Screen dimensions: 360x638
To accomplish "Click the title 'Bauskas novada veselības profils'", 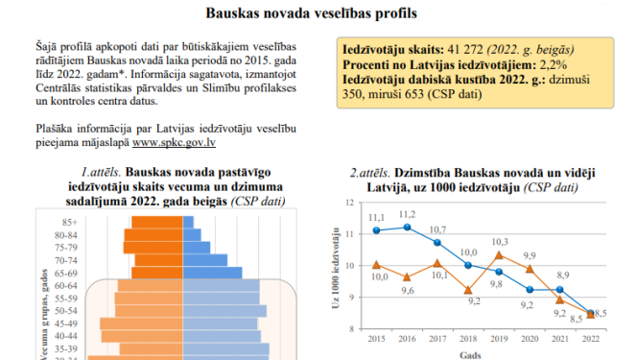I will [x=319, y=14].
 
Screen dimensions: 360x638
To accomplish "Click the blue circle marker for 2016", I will [x=408, y=228].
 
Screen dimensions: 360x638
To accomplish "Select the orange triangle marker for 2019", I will [x=498, y=255].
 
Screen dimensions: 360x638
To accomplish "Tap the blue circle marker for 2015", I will [x=377, y=230].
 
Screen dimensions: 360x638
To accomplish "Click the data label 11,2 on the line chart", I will [x=407, y=214].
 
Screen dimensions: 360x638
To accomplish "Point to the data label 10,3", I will [x=499, y=242].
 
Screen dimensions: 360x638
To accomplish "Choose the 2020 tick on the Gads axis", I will [x=529, y=339].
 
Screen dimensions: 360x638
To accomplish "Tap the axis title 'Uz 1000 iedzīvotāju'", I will [x=336, y=268].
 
